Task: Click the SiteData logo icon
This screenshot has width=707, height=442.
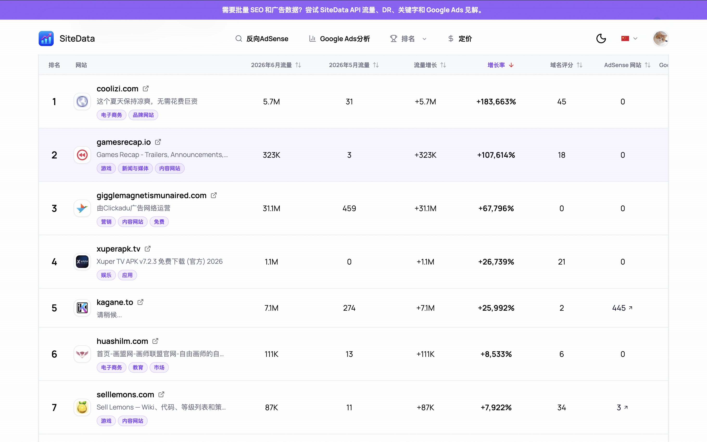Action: pyautogui.click(x=46, y=38)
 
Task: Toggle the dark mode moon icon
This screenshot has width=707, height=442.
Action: pyautogui.click(x=601, y=38)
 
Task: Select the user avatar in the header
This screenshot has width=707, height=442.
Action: pyautogui.click(x=661, y=38)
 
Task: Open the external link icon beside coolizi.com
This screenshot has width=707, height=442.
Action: pyautogui.click(x=146, y=88)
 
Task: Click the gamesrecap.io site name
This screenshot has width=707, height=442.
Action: pyautogui.click(x=124, y=142)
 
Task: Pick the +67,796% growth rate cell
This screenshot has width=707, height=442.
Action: pyautogui.click(x=496, y=208)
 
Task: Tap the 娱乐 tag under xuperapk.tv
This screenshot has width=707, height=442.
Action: pyautogui.click(x=106, y=275)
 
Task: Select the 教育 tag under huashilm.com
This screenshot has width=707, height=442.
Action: pyautogui.click(x=138, y=367)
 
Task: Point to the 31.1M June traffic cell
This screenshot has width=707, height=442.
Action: pyautogui.click(x=271, y=208)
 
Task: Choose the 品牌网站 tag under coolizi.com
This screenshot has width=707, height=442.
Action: pyautogui.click(x=143, y=115)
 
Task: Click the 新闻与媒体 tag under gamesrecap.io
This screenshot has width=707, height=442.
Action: pyautogui.click(x=135, y=168)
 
